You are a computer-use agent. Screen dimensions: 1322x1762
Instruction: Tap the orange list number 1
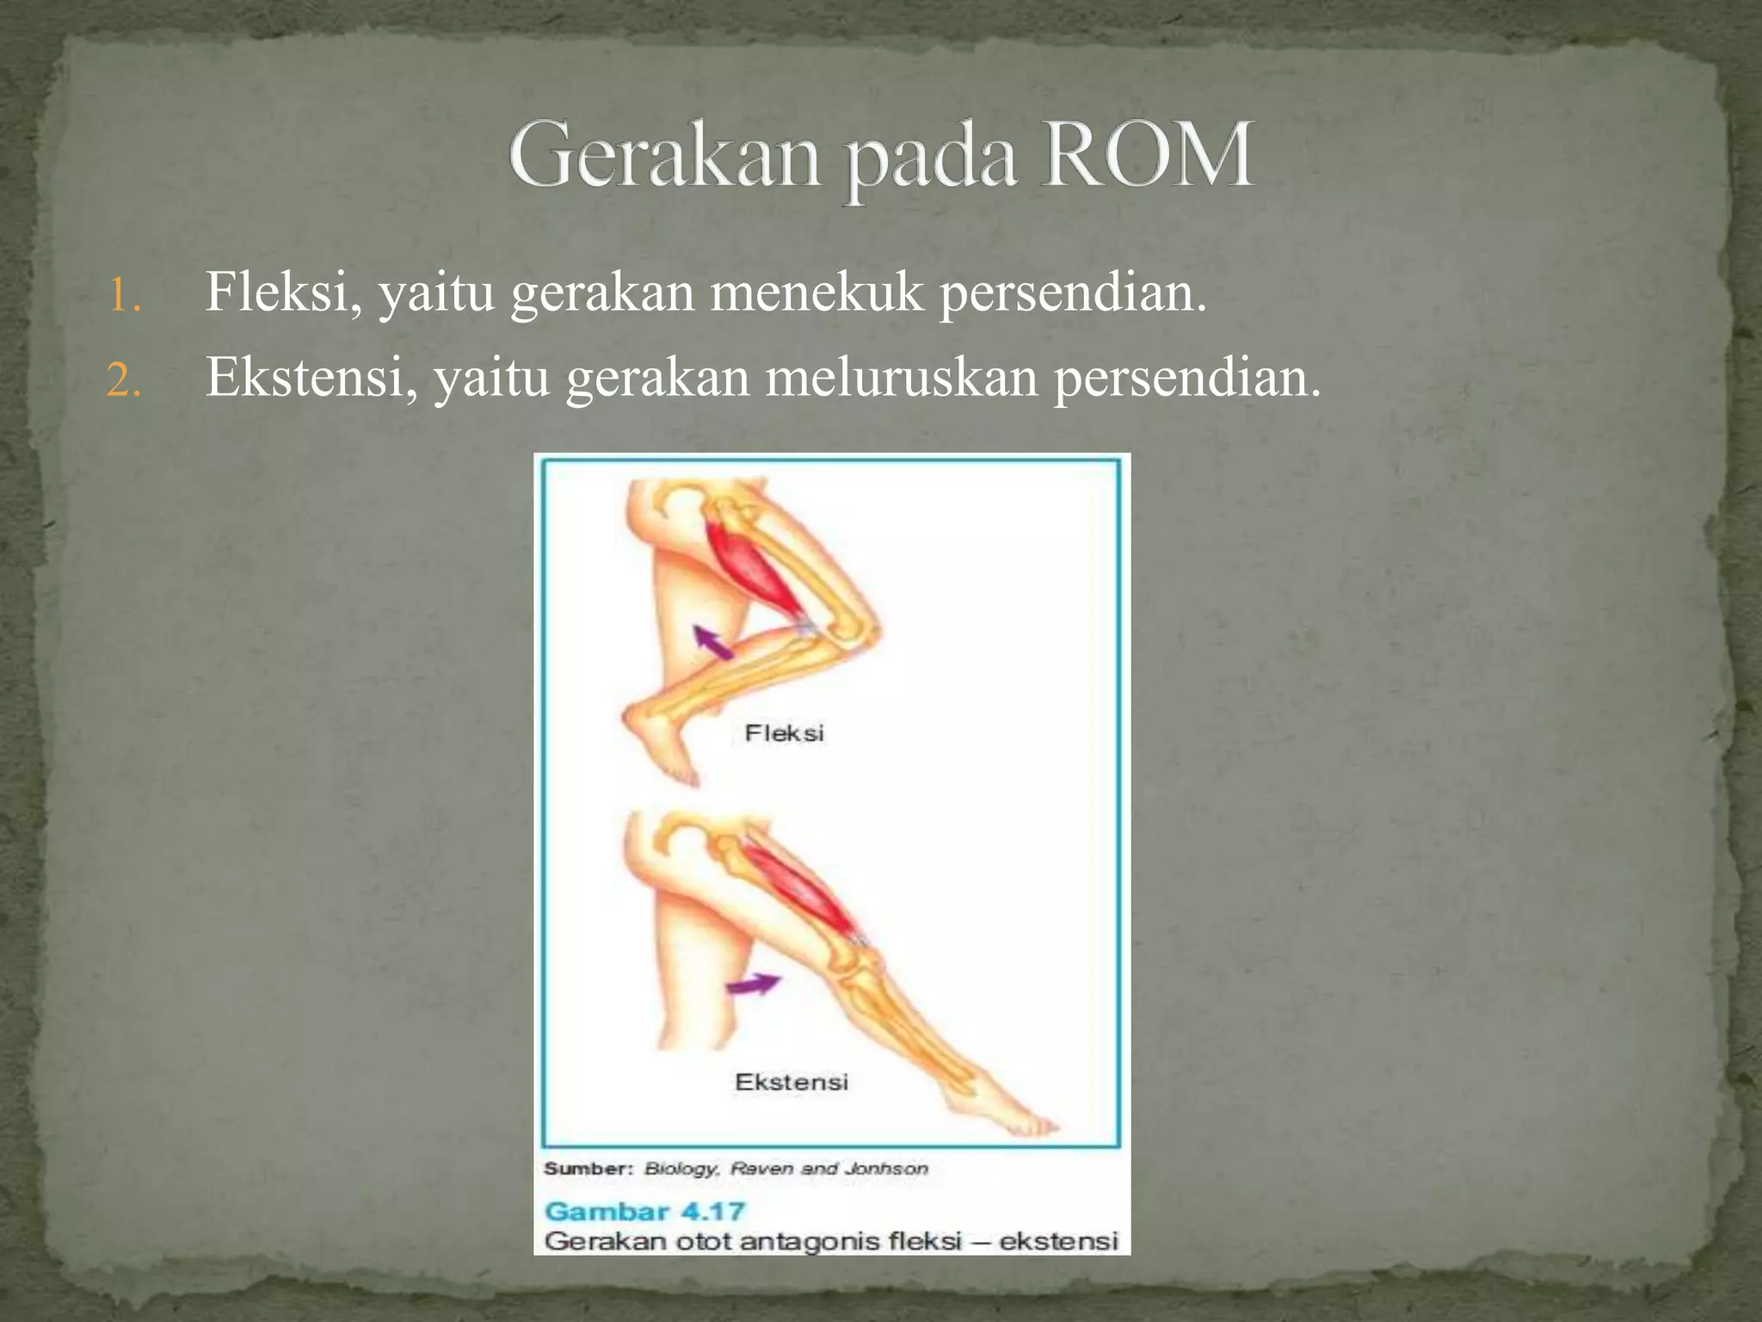[x=124, y=296]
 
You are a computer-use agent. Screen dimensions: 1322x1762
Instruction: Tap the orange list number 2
[x=124, y=380]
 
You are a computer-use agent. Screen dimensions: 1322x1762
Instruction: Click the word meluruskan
[x=902, y=377]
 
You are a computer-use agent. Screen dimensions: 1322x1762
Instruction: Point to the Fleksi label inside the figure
[x=784, y=733]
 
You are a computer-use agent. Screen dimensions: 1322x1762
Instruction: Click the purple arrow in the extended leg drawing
[x=754, y=984]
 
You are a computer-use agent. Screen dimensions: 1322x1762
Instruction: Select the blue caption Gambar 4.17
[x=644, y=1212]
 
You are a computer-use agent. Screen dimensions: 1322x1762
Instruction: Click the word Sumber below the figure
[x=588, y=1169]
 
